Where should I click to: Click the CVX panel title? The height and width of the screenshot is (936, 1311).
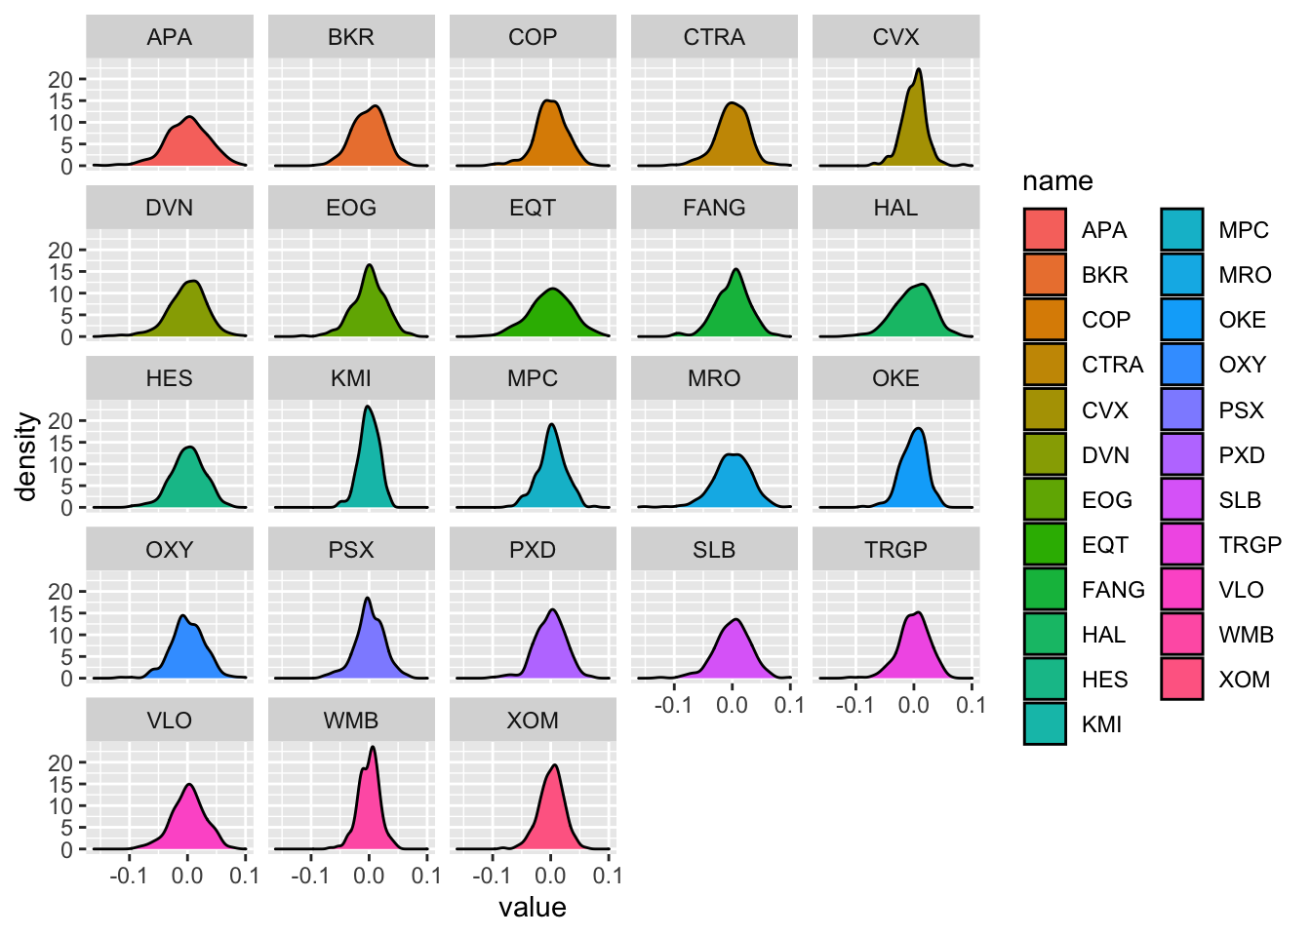tap(895, 37)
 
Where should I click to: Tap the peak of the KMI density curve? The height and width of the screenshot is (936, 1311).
tap(368, 407)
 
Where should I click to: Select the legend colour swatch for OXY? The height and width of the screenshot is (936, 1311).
tap(1181, 365)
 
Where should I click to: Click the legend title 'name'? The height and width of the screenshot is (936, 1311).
tap(1057, 181)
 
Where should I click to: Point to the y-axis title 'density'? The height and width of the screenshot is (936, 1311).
tap(27, 456)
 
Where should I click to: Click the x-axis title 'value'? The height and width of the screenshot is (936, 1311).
tap(532, 908)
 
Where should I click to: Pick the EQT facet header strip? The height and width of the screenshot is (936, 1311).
tap(533, 208)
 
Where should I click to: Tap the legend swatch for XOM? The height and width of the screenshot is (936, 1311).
tap(1181, 680)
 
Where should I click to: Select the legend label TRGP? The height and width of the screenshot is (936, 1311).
tap(1250, 545)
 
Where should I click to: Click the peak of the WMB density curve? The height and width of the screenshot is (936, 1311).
tap(373, 748)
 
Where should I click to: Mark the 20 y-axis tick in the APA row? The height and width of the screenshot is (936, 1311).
tap(60, 79)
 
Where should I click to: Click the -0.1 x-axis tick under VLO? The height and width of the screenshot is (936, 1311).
tap(129, 876)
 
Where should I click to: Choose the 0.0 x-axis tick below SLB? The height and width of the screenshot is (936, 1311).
tap(732, 705)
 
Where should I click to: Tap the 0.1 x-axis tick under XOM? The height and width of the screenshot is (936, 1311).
tap(608, 876)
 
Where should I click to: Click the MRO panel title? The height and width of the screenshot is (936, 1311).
tap(714, 378)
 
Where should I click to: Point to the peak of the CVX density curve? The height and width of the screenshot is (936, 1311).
tap(918, 69)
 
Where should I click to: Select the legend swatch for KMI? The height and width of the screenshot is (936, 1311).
tap(1045, 724)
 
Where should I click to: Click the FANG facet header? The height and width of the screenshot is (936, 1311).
tap(714, 208)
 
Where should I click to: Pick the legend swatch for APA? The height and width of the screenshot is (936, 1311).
tap(1045, 230)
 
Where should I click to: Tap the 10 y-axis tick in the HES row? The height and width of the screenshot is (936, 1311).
tap(60, 464)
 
